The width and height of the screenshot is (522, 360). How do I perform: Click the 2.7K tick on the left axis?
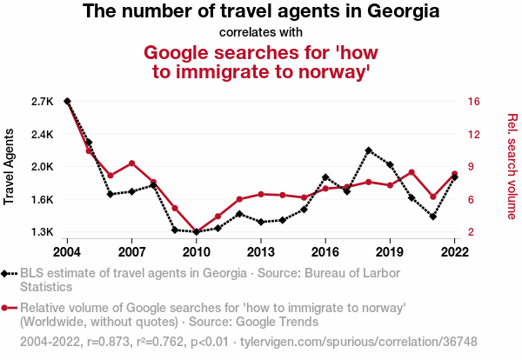tap(42, 102)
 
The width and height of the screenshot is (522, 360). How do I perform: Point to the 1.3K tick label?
tap(42, 232)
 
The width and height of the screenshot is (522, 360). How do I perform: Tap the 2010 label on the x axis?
tap(196, 252)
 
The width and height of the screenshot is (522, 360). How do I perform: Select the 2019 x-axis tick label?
tap(389, 252)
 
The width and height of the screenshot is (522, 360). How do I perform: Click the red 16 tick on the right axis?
tap(473, 102)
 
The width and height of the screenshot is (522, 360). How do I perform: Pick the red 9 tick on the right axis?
tap(470, 167)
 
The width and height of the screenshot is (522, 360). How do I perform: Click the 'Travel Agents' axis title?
tap(10, 167)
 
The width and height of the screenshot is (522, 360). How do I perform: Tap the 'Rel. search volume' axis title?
tap(512, 167)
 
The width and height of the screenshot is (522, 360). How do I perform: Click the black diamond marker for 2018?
tap(368, 150)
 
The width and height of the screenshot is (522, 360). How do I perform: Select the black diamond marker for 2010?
tap(197, 232)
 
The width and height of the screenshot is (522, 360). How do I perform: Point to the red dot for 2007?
tap(131, 163)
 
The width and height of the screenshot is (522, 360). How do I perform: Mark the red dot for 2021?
tap(432, 197)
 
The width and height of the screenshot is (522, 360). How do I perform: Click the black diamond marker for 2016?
tap(325, 177)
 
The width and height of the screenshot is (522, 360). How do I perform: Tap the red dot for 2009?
tap(175, 208)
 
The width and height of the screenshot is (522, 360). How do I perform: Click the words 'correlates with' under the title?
tap(261, 32)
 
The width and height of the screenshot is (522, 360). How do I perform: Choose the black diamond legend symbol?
tap(9, 274)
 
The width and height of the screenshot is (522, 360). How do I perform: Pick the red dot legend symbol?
tap(9, 307)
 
